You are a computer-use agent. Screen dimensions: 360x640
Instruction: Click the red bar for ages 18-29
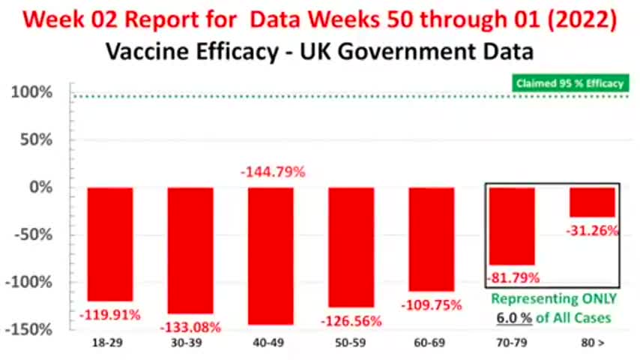110,244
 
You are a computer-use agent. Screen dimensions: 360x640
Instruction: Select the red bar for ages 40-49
271,255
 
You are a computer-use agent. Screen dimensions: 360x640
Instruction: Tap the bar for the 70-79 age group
511,226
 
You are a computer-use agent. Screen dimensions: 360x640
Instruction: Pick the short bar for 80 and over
591,202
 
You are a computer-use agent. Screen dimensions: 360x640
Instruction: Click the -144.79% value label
273,172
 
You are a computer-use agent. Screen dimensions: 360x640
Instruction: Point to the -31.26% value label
593,231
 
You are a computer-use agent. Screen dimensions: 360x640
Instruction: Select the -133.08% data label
190,326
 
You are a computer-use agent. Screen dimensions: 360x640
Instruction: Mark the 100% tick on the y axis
31,93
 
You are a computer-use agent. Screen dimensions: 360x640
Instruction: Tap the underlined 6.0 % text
513,317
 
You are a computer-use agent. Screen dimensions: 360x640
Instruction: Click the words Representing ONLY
555,298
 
